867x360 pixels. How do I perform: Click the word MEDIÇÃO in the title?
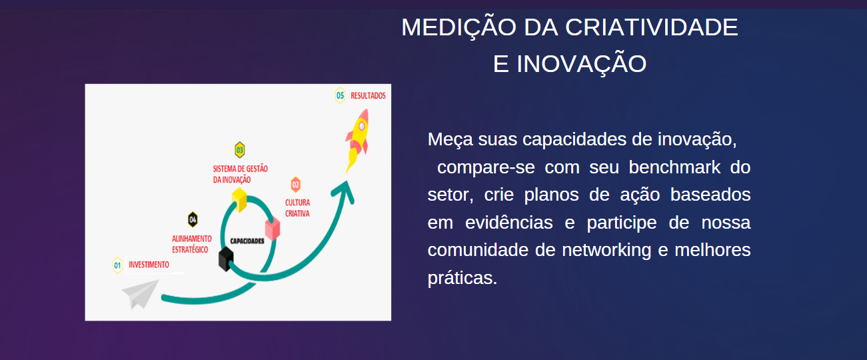coord(458,27)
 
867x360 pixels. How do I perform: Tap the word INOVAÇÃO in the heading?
coord(581,64)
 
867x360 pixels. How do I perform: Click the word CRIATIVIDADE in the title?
coord(651,27)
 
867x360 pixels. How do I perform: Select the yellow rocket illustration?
coord(357,140)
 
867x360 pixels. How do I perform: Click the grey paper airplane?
coord(140,294)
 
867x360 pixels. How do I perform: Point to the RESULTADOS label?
coord(368,95)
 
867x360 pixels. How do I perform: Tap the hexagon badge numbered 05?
coord(341,95)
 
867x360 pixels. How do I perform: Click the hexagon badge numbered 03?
coord(240,150)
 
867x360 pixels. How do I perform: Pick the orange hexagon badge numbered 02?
coord(296,185)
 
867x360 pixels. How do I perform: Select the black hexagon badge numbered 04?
coord(193,220)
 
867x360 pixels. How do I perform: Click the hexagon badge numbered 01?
coord(117,265)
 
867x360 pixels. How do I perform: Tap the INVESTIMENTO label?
coord(149,265)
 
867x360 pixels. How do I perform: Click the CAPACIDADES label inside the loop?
coord(247,241)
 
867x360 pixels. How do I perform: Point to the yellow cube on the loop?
coord(239,200)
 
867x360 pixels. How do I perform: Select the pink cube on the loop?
coord(273,229)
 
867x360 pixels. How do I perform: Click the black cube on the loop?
coord(226,259)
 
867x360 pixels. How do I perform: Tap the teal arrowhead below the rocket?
coord(344,191)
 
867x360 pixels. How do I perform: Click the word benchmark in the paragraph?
coord(674,167)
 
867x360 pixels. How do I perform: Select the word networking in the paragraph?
coord(606,251)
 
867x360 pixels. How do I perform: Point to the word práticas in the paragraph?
coord(462,278)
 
